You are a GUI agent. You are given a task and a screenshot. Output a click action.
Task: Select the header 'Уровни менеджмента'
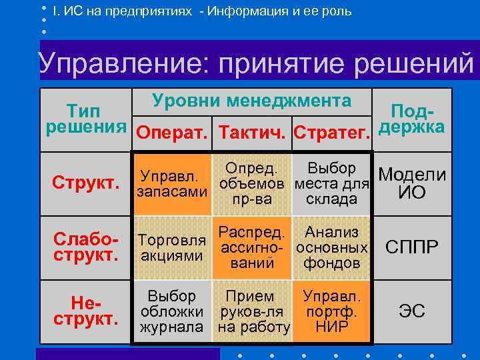point(251,101)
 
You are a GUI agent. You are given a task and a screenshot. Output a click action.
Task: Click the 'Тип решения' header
point(87,117)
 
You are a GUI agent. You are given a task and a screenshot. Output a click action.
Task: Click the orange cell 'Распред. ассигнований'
point(251,247)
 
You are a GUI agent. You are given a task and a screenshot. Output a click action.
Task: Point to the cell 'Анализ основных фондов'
point(331,247)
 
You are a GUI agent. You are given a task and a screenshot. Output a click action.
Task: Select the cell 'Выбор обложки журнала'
point(171,311)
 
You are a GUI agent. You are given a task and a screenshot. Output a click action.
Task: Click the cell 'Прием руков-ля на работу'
point(251,311)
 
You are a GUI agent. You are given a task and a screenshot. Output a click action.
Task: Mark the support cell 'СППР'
point(411,247)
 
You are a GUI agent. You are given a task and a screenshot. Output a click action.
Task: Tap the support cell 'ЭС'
point(411,311)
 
